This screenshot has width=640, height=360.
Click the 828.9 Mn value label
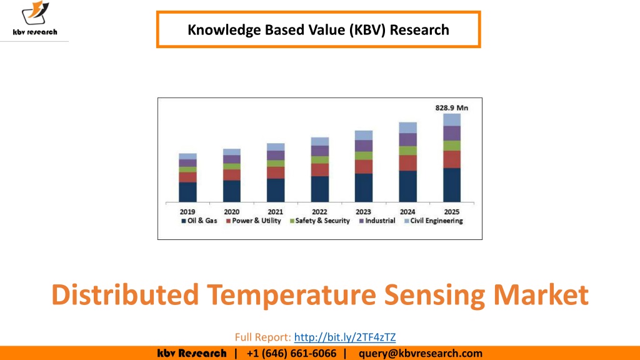tap(451, 107)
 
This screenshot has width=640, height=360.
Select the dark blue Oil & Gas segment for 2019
tap(187, 192)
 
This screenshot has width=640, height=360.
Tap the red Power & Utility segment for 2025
tap(452, 159)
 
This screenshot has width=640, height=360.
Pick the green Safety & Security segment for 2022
tap(319, 160)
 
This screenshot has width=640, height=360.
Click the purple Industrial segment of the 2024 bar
tap(407, 139)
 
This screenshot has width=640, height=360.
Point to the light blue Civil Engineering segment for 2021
tap(276, 147)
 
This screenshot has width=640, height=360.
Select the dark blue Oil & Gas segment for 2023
tap(364, 187)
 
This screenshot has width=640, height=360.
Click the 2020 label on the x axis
tap(231, 212)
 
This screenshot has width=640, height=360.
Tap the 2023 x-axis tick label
tap(363, 212)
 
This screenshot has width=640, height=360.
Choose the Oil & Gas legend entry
tap(199, 221)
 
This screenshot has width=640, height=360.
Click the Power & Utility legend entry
tap(254, 221)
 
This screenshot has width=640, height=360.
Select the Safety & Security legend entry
tap(319, 221)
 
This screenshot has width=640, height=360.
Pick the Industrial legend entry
tap(377, 221)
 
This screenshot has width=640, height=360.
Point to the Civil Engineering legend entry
tap(434, 221)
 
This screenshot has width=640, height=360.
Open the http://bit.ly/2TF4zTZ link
tap(345, 337)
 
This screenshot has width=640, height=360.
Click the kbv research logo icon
tap(35, 13)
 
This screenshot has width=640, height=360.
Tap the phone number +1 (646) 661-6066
tap(291, 353)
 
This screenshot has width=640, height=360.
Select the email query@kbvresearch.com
tap(421, 353)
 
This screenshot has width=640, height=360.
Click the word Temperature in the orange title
tap(291, 295)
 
